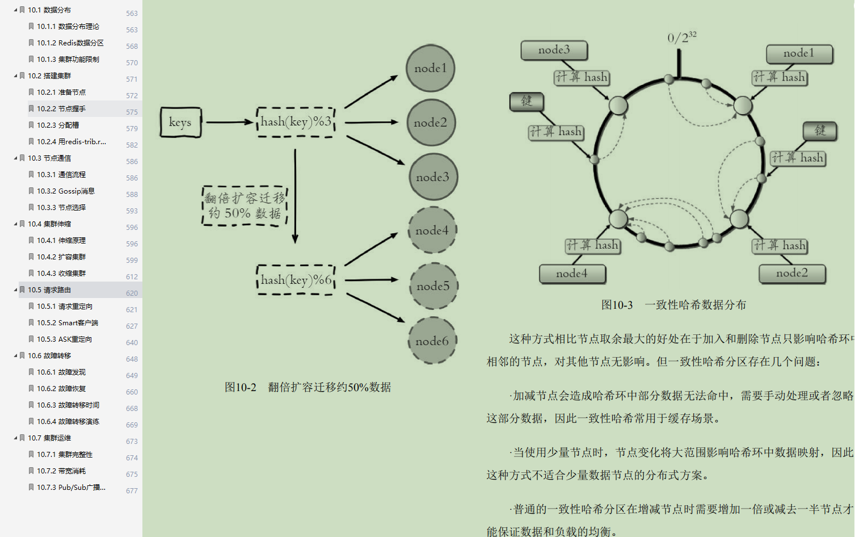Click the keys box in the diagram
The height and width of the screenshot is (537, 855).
tap(180, 122)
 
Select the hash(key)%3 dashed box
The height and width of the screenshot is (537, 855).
tap(296, 121)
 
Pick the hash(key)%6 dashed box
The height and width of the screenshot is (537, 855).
tap(296, 280)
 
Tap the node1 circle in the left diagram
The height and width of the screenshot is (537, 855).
tap(431, 68)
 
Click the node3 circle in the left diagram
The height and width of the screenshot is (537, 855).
tap(433, 177)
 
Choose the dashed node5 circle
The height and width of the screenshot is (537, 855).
tap(433, 286)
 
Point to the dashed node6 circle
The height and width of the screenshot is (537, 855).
tap(432, 341)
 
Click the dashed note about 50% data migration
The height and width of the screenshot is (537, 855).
tap(245, 205)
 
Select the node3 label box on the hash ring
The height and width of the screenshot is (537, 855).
tap(554, 50)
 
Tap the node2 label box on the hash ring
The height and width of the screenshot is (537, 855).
tap(792, 273)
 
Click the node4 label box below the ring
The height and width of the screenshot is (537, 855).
tap(572, 274)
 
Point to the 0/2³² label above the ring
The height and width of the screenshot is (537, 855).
tap(681, 37)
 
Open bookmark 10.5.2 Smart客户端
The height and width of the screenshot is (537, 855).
tap(68, 323)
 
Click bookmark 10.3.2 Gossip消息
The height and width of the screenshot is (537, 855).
tap(66, 191)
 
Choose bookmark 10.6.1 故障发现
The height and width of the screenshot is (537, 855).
tap(61, 372)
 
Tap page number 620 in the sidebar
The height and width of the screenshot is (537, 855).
tap(132, 293)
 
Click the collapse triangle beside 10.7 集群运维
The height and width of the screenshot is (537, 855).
tap(15, 438)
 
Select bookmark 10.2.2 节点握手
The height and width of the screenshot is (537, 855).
tap(61, 109)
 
